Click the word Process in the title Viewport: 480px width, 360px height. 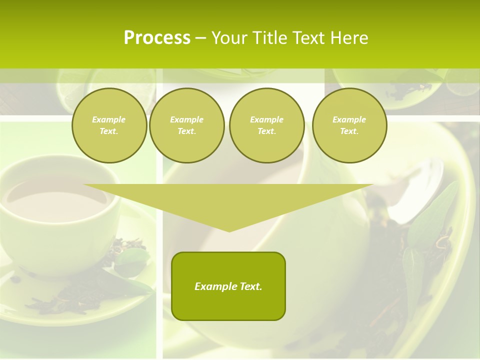point(157,37)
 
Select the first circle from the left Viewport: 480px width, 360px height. point(109,125)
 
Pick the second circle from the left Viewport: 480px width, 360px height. point(186,125)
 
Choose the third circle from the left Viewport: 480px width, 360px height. point(266,125)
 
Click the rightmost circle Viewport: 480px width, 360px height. point(349,125)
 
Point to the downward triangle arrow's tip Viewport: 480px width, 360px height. point(229,231)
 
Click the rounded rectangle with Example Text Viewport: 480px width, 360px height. point(228,286)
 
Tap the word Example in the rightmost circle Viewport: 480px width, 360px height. point(349,119)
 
